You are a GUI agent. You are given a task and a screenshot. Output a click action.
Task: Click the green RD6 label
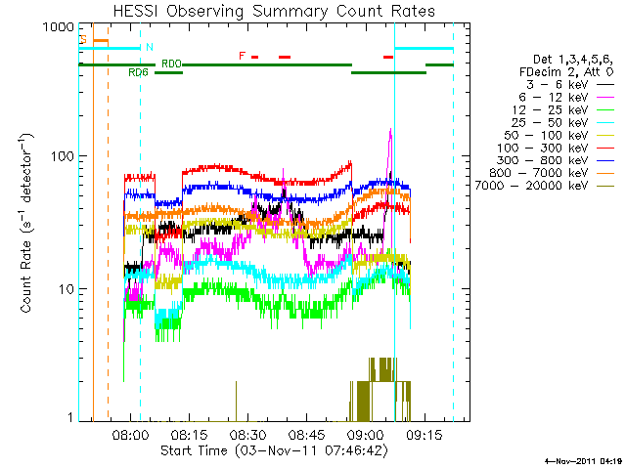[138, 72]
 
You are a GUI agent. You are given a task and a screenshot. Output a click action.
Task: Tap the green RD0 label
[171, 64]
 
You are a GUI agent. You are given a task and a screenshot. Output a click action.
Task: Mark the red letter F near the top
[243, 56]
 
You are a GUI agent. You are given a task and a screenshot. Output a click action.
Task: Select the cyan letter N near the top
[149, 47]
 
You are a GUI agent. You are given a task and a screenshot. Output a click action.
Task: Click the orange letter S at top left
[84, 40]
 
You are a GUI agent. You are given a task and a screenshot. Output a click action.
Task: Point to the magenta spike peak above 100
[391, 131]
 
